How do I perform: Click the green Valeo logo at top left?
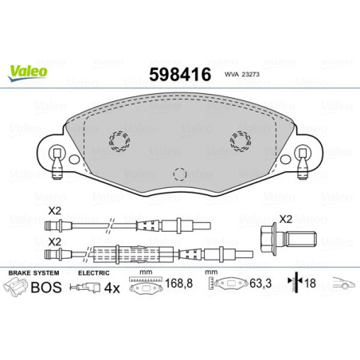point(28,72)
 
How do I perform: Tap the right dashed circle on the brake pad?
point(239,140)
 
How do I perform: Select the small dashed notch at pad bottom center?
point(180,173)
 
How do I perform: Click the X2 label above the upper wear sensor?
point(54,209)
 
